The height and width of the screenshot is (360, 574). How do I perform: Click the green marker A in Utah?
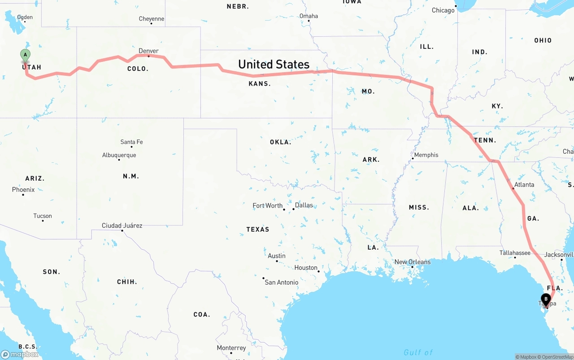coord(26,55)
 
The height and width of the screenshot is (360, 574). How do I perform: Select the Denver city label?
coord(148,51)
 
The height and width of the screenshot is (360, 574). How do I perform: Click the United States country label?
coord(274,65)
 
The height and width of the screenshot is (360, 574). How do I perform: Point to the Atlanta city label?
coord(524,185)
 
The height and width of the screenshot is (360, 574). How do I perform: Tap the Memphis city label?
coord(426,155)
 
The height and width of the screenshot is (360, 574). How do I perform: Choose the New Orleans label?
coord(412,262)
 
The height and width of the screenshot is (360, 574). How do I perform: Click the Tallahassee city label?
coord(515,253)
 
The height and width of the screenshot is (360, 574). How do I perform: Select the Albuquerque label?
coord(119,155)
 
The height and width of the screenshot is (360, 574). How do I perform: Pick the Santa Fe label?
coord(131,142)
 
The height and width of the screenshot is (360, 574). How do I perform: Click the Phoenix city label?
coord(23,190)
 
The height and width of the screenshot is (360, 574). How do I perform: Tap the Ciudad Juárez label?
coord(122,226)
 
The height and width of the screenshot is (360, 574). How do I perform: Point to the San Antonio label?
coord(281,282)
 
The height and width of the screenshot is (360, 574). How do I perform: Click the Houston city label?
coord(306,268)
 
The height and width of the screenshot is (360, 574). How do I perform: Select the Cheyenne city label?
coord(152,19)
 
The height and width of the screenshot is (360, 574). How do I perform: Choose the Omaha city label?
coord(309,16)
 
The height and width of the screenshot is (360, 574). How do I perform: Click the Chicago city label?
coord(443,10)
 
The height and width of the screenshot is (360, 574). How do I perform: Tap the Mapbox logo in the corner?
coord(20,354)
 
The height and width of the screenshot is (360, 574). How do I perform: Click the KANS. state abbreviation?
coord(260,84)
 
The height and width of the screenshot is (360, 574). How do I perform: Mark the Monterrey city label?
coord(231,348)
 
